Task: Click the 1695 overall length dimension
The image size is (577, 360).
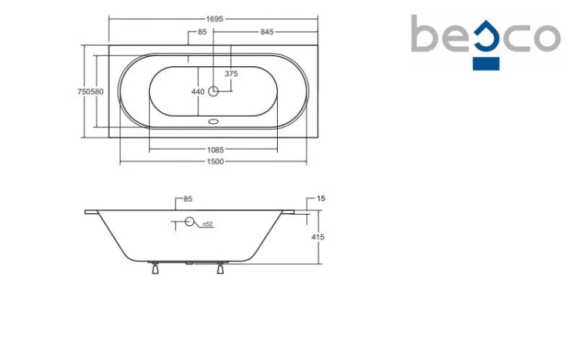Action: pyautogui.click(x=215, y=18)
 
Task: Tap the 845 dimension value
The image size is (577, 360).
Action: pyautogui.click(x=267, y=32)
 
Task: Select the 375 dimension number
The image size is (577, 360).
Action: pyautogui.click(x=231, y=74)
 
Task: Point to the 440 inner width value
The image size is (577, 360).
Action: pyautogui.click(x=198, y=92)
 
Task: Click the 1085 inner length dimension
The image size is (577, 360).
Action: pyautogui.click(x=215, y=150)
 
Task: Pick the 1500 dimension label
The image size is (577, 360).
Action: pyautogui.click(x=215, y=162)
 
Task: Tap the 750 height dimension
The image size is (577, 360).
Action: pyautogui.click(x=84, y=92)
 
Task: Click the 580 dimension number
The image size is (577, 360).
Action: pyautogui.click(x=97, y=92)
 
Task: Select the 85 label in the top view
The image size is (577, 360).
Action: pyautogui.click(x=202, y=32)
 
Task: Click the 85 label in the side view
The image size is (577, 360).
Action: pyautogui.click(x=188, y=199)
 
